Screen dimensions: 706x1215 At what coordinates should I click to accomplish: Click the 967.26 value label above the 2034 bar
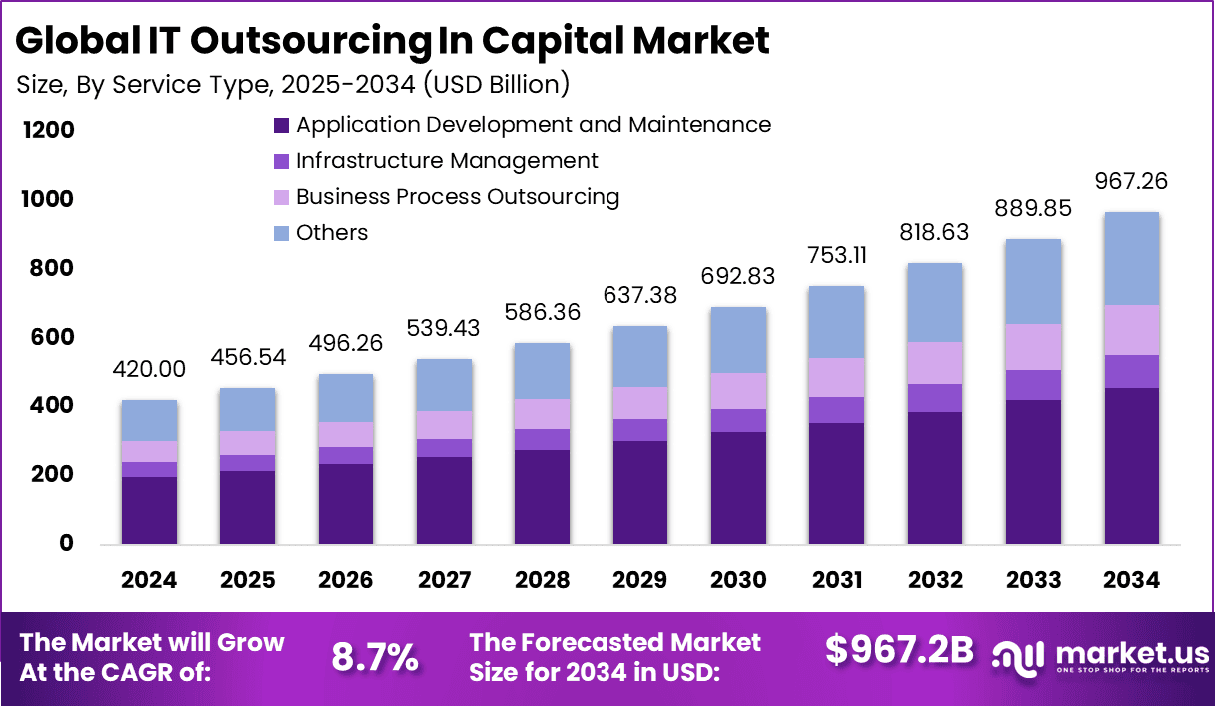pyautogui.click(x=1131, y=182)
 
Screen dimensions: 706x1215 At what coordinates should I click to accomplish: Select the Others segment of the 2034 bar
pyautogui.click(x=1131, y=259)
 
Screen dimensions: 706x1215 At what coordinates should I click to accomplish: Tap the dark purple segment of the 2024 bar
pyautogui.click(x=149, y=510)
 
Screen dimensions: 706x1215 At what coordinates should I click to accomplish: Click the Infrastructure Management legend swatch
pyautogui.click(x=281, y=161)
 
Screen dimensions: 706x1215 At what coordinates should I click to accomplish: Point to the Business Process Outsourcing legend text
pyautogui.click(x=458, y=197)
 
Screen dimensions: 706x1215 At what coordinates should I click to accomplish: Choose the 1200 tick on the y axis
pyautogui.click(x=46, y=130)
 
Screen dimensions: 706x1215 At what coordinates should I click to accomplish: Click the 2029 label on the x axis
pyautogui.click(x=640, y=580)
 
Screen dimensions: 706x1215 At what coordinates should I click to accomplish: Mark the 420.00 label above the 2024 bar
pyautogui.click(x=149, y=370)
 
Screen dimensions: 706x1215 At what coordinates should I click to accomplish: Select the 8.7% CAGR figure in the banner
pyautogui.click(x=375, y=657)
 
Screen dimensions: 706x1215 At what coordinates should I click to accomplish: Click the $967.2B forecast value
pyautogui.click(x=899, y=650)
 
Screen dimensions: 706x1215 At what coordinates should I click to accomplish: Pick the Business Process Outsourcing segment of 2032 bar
pyautogui.click(x=935, y=363)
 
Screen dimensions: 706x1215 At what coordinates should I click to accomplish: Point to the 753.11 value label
pyautogui.click(x=837, y=256)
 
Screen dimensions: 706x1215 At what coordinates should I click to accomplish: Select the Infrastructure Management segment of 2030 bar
pyautogui.click(x=738, y=420)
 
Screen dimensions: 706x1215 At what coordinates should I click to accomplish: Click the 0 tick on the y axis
pyautogui.click(x=67, y=543)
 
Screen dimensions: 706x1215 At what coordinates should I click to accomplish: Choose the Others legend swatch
pyautogui.click(x=281, y=233)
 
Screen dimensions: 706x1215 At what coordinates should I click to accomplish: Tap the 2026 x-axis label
pyautogui.click(x=346, y=580)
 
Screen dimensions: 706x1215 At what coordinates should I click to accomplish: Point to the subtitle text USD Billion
pyautogui.click(x=497, y=85)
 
